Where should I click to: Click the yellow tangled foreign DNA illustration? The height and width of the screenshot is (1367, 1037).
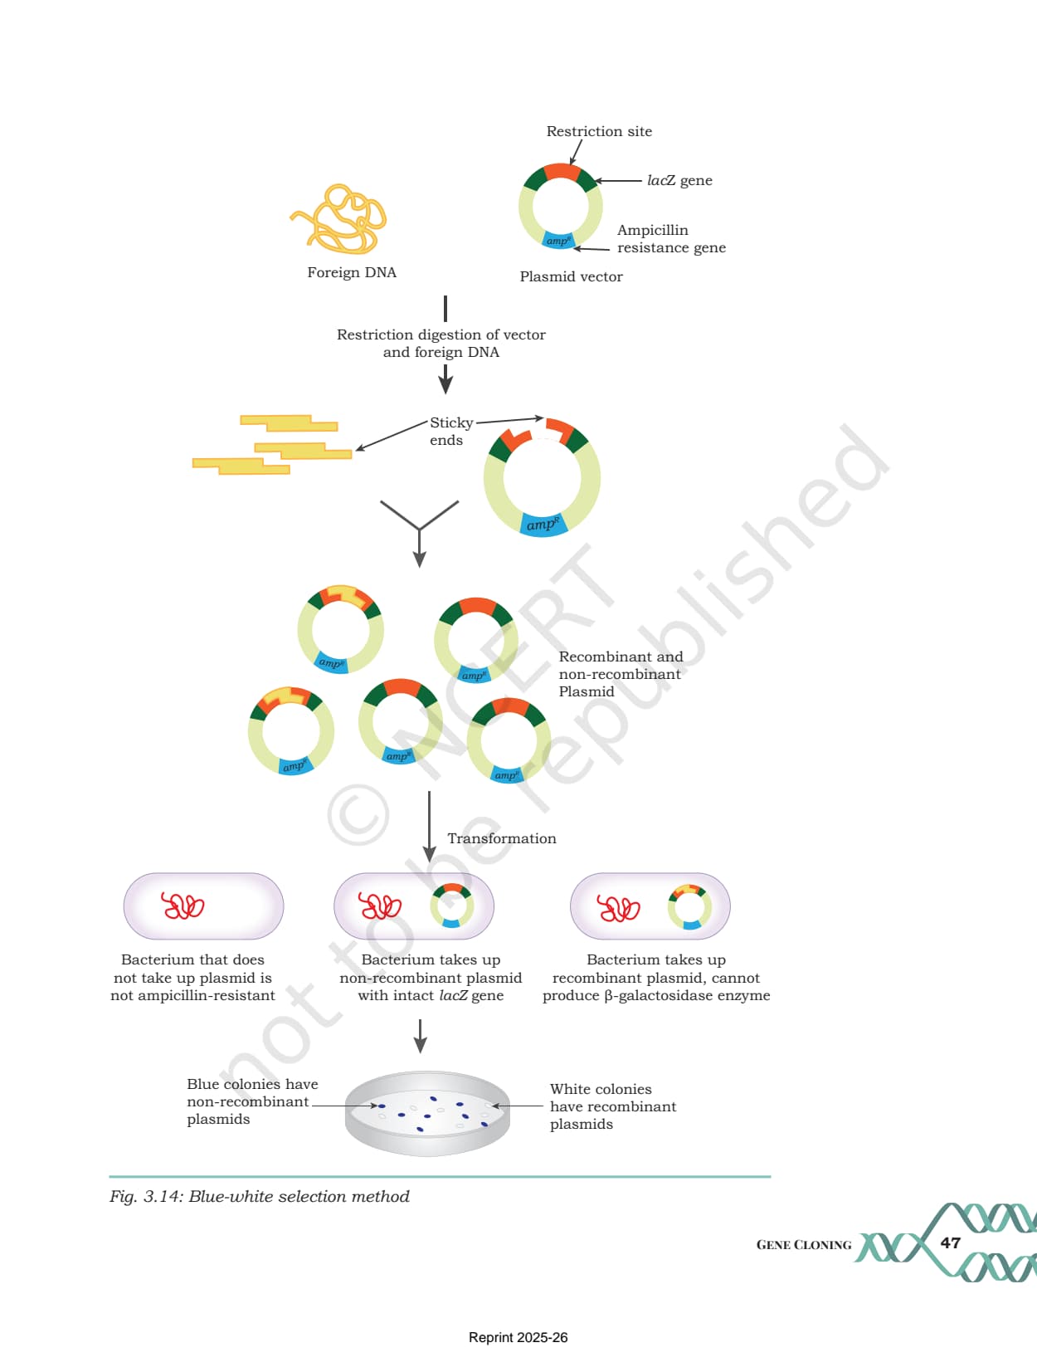339,219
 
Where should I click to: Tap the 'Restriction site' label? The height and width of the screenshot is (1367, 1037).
599,131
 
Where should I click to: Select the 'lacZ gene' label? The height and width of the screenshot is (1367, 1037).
679,181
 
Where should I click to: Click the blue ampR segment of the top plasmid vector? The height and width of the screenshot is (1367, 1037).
557,241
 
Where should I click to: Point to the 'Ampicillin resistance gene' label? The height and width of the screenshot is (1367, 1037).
671,238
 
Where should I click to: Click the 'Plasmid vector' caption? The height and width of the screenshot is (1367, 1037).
571,276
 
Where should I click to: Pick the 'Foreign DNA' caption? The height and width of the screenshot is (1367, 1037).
352,272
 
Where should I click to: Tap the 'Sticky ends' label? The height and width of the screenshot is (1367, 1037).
451,431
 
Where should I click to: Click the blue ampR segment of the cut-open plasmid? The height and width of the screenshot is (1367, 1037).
543,525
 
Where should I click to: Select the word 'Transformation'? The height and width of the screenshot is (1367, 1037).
502,838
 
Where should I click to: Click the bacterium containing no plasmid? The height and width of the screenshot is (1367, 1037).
203,906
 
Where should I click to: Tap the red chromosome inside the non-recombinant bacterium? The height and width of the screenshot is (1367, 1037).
380,906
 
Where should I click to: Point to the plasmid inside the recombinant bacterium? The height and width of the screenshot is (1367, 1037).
689,906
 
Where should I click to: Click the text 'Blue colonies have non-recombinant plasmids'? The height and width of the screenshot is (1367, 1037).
252,1101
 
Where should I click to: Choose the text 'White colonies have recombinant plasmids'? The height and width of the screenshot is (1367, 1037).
612,1106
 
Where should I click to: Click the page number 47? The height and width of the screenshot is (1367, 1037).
950,1243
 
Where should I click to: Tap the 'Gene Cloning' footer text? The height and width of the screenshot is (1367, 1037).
804,1244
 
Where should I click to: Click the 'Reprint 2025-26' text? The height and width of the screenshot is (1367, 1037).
518,1337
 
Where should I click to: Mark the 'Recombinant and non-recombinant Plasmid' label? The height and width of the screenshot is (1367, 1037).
621,674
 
